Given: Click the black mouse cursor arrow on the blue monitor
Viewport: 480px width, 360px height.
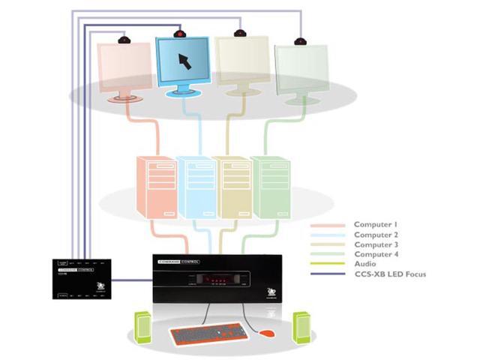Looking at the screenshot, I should point(184,61).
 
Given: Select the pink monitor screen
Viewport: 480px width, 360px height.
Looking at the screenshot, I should point(124,67).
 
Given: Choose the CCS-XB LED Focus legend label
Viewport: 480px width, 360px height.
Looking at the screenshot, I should point(390,274).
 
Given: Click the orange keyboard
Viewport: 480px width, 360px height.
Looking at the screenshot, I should point(207,335).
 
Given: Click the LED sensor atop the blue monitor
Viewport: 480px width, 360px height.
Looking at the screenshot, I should point(179,32).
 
